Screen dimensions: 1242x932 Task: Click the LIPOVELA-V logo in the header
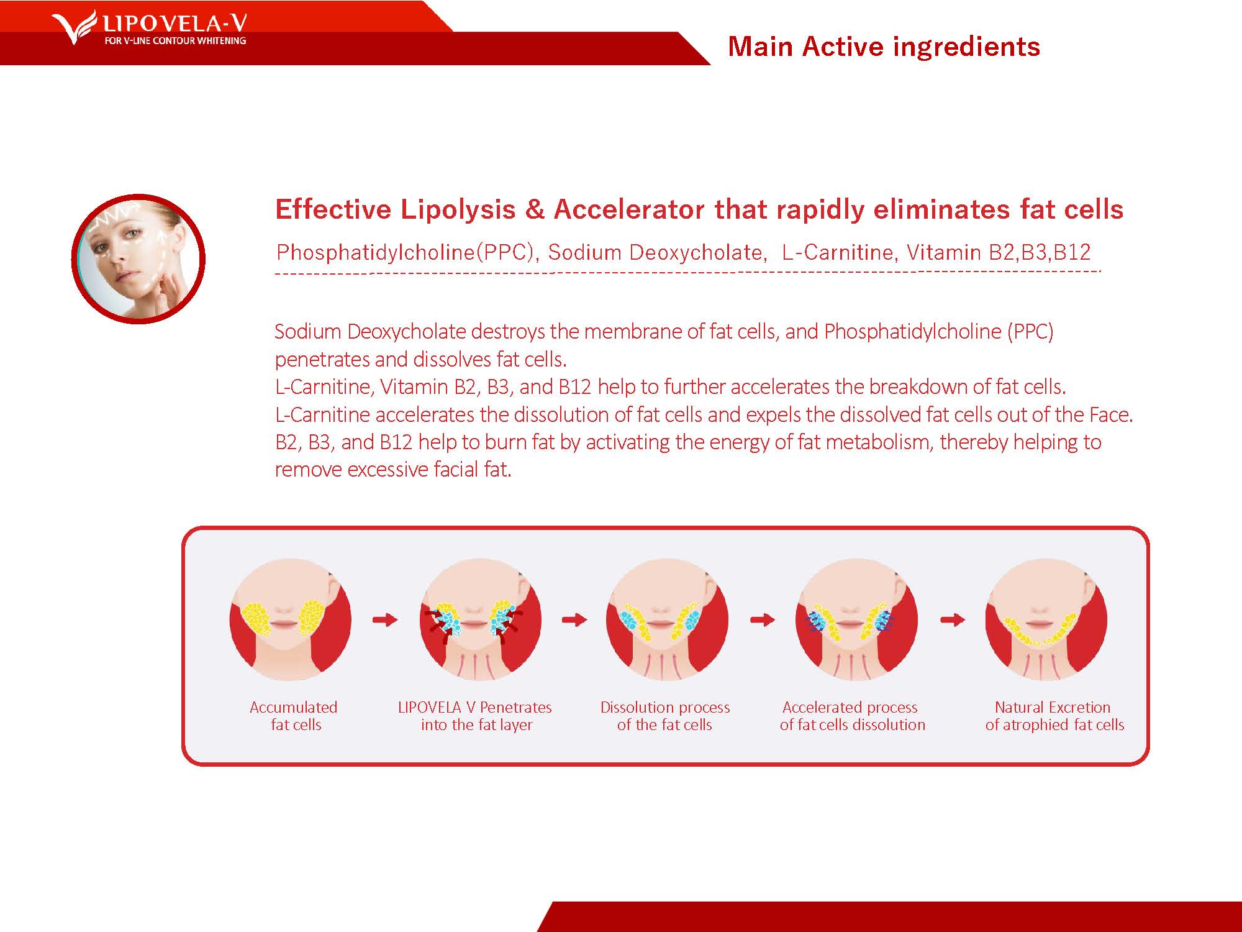coord(149,28)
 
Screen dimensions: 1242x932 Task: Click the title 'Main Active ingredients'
coord(884,47)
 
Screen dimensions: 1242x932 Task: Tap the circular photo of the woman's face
coord(138,258)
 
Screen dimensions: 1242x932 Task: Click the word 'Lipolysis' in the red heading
coord(458,209)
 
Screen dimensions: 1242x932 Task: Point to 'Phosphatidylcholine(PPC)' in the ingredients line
coord(405,252)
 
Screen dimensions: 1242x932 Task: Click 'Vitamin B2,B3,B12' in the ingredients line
coord(999,252)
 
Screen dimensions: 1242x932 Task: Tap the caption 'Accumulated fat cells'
coord(294,716)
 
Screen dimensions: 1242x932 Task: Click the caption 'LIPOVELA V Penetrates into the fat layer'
coord(476,716)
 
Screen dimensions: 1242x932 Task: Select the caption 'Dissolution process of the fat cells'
coord(665,716)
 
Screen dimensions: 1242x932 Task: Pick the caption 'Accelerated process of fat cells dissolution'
coord(852,716)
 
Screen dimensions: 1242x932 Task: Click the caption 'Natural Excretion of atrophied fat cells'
coord(1054,716)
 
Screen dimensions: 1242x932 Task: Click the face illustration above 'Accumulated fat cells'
coord(291,619)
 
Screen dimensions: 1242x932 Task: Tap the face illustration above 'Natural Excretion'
coord(1046,619)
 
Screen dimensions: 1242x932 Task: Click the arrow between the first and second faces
coord(385,619)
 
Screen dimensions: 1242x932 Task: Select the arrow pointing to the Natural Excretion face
coord(953,619)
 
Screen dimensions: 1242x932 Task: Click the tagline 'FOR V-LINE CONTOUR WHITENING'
coord(175,41)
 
